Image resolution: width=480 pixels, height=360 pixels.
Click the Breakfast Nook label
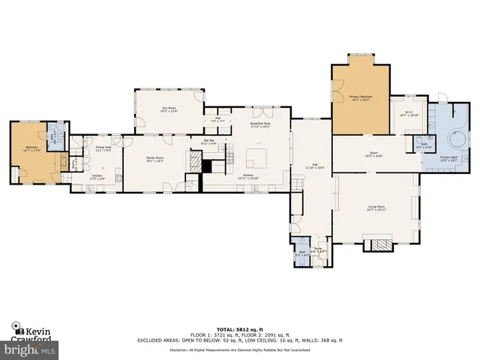[x=260, y=125]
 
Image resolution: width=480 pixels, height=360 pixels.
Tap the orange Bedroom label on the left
[x=31, y=148]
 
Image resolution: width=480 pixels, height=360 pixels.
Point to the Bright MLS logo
[x=29, y=349]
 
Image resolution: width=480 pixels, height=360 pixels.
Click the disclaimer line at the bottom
[x=239, y=349]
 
